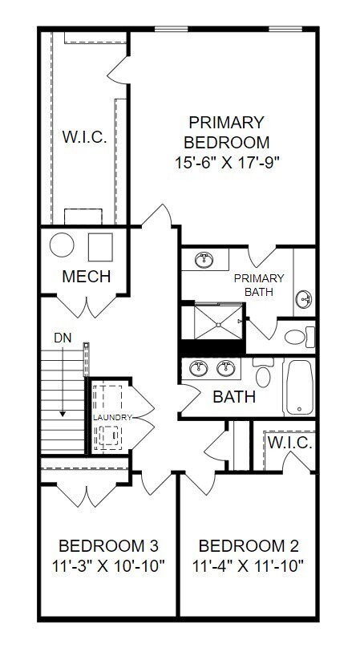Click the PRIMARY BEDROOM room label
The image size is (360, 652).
[x=226, y=133]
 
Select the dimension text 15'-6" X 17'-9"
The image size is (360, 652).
[x=226, y=163]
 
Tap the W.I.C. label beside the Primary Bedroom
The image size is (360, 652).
[x=84, y=137]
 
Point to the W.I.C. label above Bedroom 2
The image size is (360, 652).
[x=289, y=443]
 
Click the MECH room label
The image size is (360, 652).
[x=86, y=277]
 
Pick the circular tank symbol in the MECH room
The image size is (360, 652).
[x=62, y=245]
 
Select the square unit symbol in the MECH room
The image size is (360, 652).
[x=99, y=246]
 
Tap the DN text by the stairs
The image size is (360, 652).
[x=62, y=338]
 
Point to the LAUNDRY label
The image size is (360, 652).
[x=111, y=418]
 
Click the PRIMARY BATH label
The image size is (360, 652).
[x=253, y=285]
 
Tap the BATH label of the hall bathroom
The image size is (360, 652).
[x=234, y=397]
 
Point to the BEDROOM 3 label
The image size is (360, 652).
[x=112, y=546]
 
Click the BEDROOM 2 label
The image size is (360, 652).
[x=249, y=546]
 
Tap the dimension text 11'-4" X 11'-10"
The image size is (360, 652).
[x=249, y=566]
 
